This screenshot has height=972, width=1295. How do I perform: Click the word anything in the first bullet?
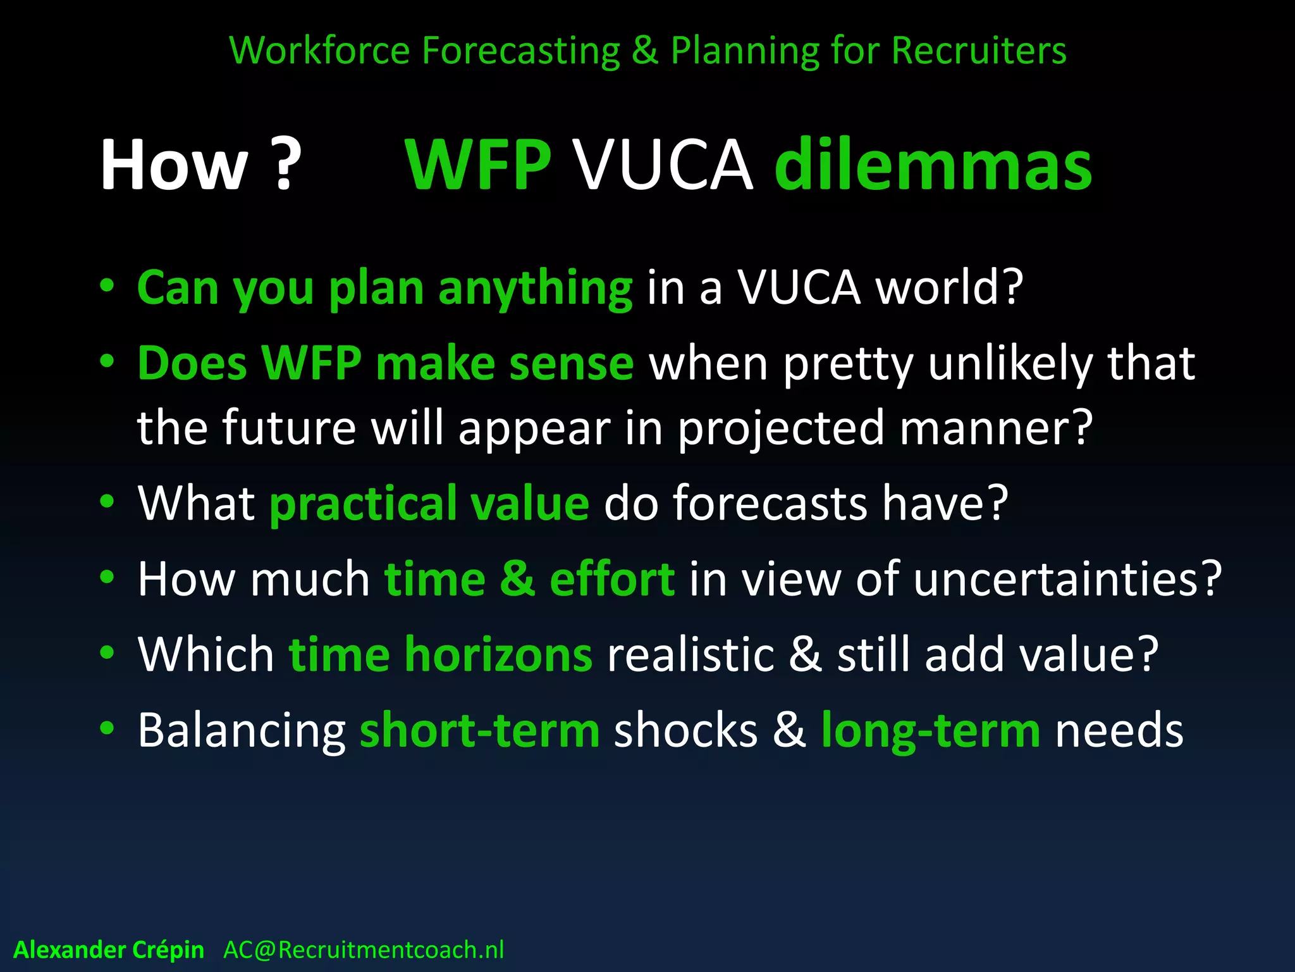pyautogui.click(x=535, y=289)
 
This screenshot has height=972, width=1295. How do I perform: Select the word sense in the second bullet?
pyautogui.click(x=571, y=364)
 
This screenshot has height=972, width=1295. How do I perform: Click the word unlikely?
pyautogui.click(x=1010, y=365)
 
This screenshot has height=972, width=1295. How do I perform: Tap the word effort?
pyautogui.click(x=611, y=579)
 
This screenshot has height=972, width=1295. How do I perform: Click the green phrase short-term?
pyautogui.click(x=479, y=730)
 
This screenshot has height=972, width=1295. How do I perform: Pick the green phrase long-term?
pyautogui.click(x=930, y=732)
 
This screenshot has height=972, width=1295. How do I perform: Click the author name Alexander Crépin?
pyautogui.click(x=109, y=950)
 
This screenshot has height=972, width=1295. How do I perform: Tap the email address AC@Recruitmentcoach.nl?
pyautogui.click(x=364, y=950)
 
